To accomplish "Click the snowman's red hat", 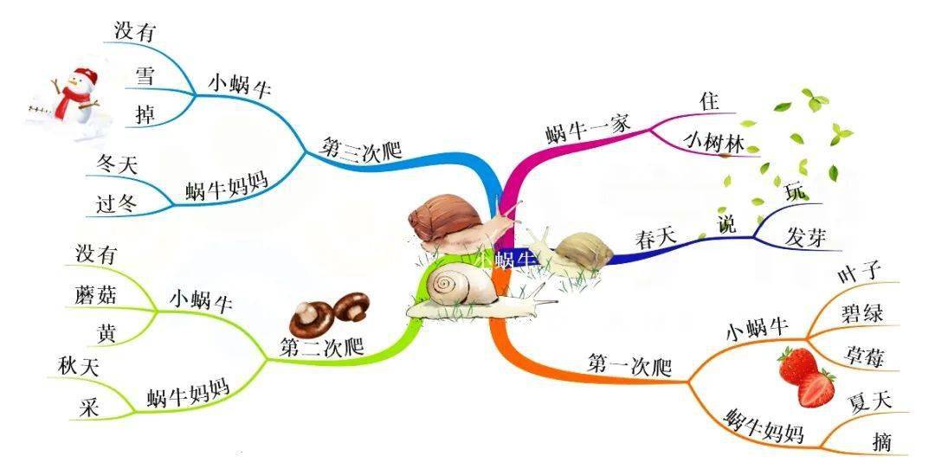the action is point(85,75).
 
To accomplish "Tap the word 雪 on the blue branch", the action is point(145,76).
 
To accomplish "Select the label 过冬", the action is point(116,204).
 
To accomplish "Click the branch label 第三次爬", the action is point(360,147).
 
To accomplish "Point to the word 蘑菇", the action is point(96,295).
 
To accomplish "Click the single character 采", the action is point(89,408).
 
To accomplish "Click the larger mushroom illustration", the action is point(312,319).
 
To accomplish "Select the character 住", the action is point(710,100).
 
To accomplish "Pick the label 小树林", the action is point(713,143).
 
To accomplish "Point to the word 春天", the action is point(656,239).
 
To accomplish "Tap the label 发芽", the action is point(805,237).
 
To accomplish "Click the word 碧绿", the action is point(861,313).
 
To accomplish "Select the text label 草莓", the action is point(863,356).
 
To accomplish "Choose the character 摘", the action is point(882,441).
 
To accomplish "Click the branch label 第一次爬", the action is point(629,364).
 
